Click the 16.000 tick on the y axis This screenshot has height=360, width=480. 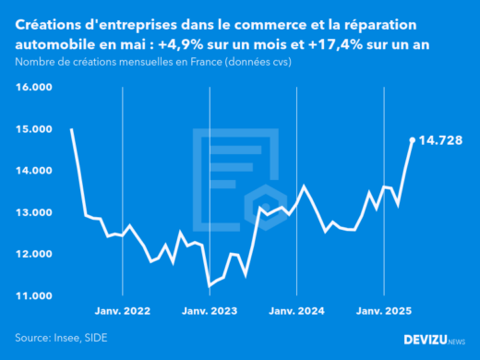click(34, 87)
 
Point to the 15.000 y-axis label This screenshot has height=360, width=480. click(34, 129)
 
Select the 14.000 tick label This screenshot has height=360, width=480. click(34, 171)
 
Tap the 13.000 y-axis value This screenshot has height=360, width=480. click(34, 212)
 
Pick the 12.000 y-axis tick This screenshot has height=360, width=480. click(34, 254)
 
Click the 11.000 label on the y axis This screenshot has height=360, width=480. click(34, 295)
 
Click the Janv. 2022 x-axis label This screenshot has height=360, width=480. click(123, 312)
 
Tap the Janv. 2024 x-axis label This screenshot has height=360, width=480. click(297, 312)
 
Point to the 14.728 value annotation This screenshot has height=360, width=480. click(440, 140)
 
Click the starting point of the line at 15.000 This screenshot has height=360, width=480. click(71, 129)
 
